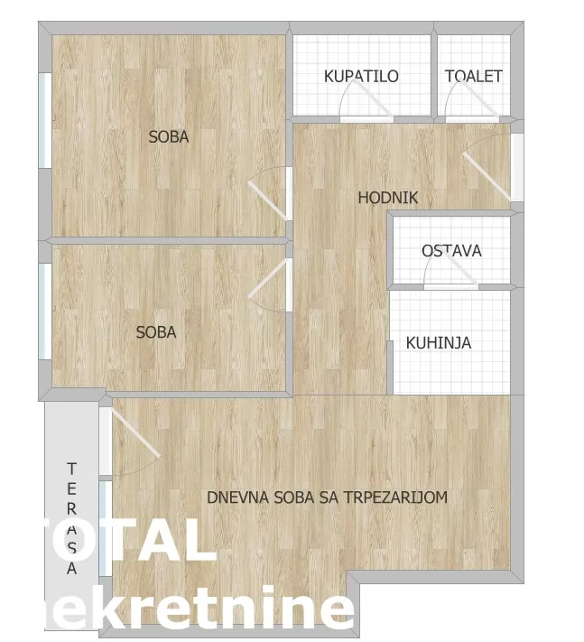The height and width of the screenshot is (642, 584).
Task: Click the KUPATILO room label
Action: point(361,77)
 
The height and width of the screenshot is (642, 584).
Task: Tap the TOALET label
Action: point(473,77)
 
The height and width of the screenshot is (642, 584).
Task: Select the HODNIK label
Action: point(388,198)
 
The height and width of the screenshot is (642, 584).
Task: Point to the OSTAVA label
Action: point(451,250)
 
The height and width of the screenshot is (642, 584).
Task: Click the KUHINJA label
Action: point(439,343)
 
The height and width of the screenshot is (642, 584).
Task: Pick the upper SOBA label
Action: point(169,137)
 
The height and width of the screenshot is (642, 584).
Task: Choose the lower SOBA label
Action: point(156,332)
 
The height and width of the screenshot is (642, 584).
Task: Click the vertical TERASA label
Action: point(71,518)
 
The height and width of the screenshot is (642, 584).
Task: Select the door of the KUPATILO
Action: point(366,107)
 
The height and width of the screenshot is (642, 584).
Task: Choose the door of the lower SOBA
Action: point(269,284)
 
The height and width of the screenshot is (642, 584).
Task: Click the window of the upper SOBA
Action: point(44,120)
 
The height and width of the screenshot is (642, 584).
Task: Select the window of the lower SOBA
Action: point(44,298)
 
